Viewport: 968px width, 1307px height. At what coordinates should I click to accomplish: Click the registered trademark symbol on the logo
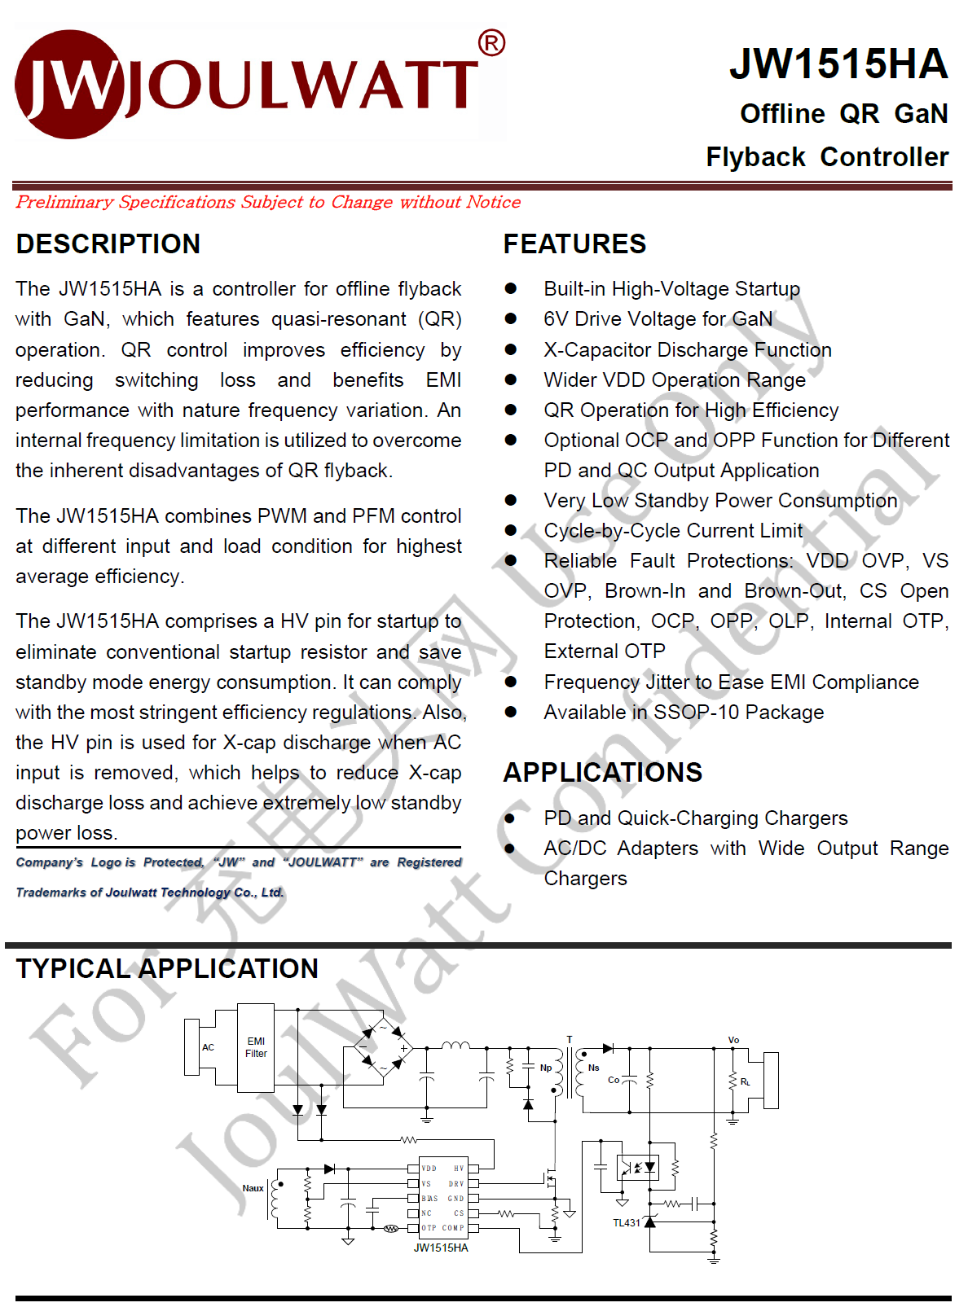[x=491, y=42]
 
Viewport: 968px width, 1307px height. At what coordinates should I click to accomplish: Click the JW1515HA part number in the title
[x=838, y=64]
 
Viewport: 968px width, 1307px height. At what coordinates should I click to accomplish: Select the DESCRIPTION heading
[x=108, y=244]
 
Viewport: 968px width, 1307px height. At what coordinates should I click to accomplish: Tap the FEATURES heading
[x=574, y=244]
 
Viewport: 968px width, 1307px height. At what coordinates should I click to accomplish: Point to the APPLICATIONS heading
[x=602, y=772]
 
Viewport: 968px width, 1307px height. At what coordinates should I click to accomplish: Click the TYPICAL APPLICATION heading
[x=167, y=969]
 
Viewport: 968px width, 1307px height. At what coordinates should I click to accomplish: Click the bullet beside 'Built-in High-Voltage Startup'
[x=511, y=288]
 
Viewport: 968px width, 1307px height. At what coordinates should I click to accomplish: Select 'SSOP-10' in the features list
[x=697, y=713]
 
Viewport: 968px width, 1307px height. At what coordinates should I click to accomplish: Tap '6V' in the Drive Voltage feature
[x=556, y=319]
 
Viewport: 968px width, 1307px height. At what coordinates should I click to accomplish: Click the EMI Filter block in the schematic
[x=256, y=1047]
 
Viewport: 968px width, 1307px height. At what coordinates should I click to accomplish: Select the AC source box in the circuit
[x=208, y=1047]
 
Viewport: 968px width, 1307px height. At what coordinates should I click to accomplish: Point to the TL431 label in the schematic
[x=626, y=1223]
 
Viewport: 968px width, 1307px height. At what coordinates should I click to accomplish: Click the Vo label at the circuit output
[x=733, y=1040]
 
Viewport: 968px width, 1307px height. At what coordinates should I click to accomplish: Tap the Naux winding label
[x=253, y=1188]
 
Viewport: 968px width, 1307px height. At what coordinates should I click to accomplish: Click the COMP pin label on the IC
[x=453, y=1228]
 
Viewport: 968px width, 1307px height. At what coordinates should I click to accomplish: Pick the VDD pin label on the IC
[x=429, y=1169]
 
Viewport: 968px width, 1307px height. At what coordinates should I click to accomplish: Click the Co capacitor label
[x=614, y=1080]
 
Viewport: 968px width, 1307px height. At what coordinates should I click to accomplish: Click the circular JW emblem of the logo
[x=70, y=84]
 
